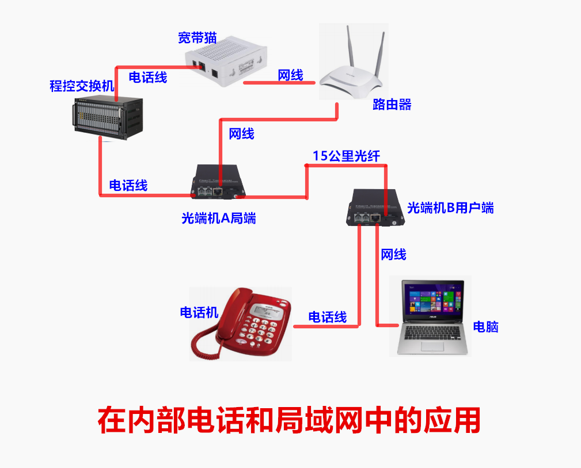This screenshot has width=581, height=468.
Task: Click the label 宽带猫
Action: click(x=197, y=38)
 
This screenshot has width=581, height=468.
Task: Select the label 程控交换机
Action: click(x=82, y=87)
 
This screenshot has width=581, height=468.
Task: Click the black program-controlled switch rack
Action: click(x=108, y=117)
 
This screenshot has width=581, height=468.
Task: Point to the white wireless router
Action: click(x=352, y=80)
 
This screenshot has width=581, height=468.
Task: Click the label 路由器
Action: click(x=392, y=105)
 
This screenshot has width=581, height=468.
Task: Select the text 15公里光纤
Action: click(x=346, y=156)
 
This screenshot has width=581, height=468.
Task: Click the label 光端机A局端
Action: click(x=219, y=218)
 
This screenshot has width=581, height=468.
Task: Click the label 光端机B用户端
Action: click(x=450, y=208)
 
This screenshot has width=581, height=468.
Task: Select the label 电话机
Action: click(x=199, y=313)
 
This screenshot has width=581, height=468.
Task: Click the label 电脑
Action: click(x=485, y=327)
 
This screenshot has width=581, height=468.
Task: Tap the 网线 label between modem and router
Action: click(x=291, y=75)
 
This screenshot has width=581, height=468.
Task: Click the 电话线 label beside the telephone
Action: click(x=328, y=317)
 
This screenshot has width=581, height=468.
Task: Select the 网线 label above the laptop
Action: click(x=394, y=255)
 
